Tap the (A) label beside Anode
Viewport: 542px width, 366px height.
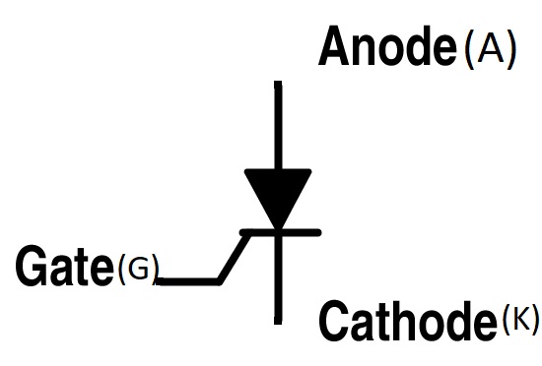point(489,49)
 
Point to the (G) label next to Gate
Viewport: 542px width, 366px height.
point(137,268)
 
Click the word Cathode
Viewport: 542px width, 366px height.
point(405,319)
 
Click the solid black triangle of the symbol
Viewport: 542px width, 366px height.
point(278,193)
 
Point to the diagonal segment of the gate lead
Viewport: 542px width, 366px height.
point(233,258)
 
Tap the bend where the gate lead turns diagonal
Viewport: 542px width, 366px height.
point(220,281)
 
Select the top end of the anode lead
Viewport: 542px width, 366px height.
point(278,85)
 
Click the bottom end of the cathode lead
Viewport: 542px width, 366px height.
point(278,321)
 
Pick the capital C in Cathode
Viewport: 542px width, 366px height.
point(334,319)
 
